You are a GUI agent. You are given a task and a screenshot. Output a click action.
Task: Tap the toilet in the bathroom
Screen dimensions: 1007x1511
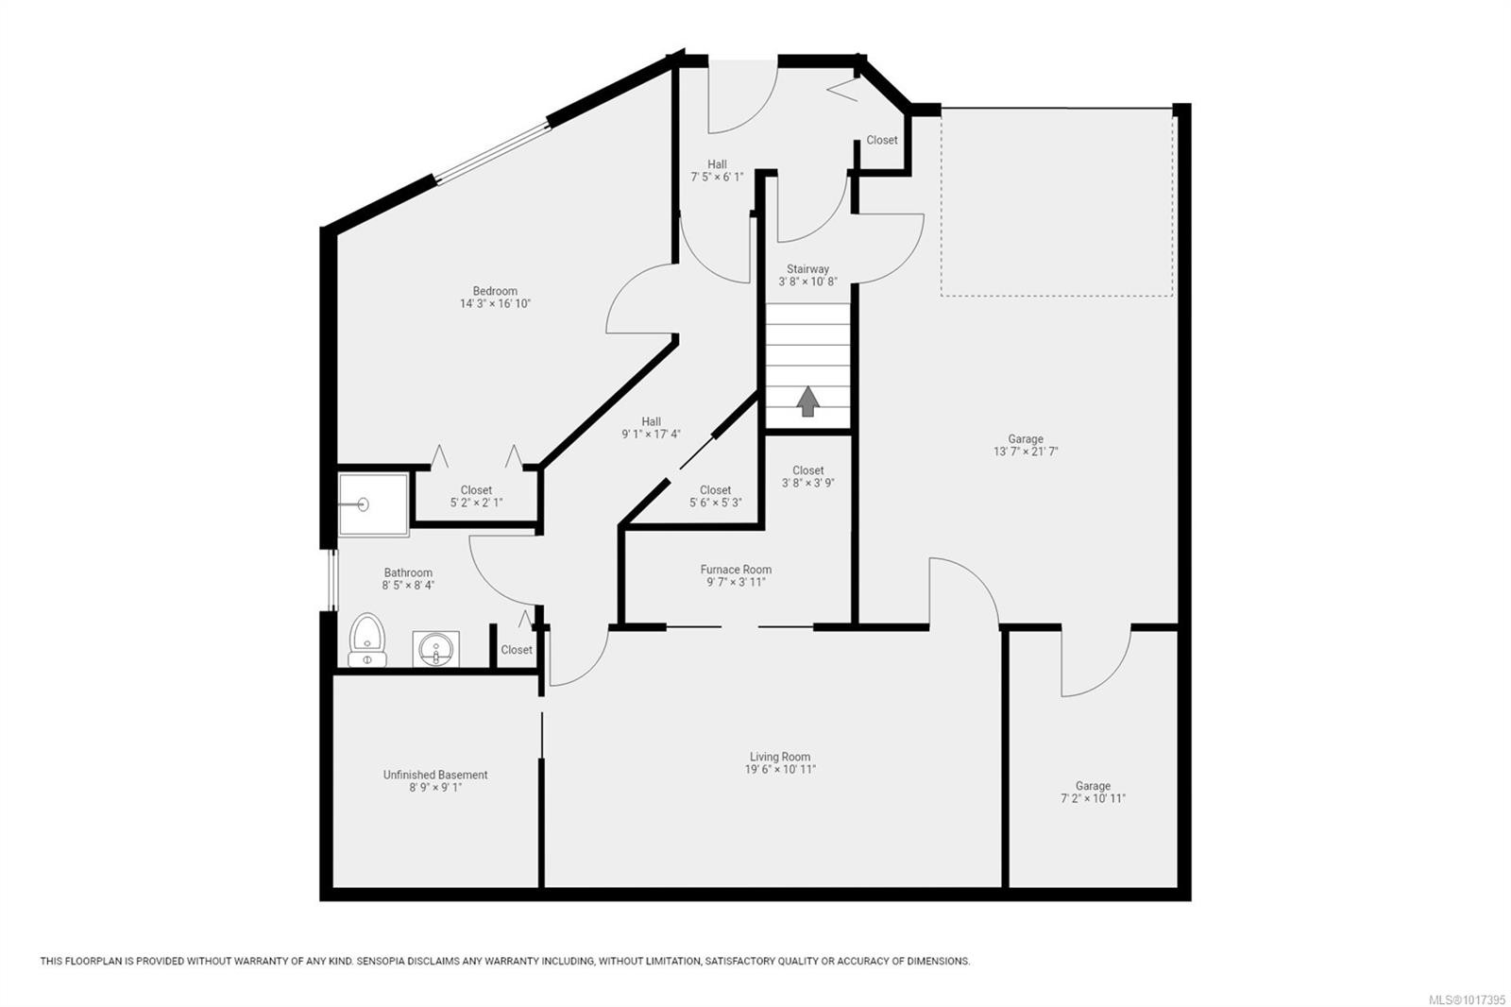[366, 640]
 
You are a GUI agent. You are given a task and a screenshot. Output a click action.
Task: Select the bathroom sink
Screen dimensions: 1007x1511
[435, 649]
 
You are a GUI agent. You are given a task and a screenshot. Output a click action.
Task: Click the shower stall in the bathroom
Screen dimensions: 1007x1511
[373, 504]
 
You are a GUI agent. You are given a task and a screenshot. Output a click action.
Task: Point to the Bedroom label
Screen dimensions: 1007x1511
[495, 291]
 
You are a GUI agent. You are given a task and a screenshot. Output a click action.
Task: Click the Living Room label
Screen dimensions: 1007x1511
[780, 757]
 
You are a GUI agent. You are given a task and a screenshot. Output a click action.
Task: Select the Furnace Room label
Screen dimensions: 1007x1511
[736, 570]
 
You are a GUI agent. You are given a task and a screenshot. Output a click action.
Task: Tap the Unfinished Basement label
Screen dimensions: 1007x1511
[435, 775]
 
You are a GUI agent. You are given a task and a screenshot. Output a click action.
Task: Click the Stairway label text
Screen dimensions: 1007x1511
[807, 269]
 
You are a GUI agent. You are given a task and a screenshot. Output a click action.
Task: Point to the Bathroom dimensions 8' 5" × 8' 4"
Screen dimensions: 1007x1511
[408, 586]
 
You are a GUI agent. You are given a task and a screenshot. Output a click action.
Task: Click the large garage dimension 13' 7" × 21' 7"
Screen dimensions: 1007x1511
[1025, 452]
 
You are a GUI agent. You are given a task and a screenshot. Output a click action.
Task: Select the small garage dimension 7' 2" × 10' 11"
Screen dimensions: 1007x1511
[1093, 798]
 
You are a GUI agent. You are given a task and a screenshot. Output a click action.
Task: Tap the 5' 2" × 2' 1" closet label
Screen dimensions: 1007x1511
[476, 503]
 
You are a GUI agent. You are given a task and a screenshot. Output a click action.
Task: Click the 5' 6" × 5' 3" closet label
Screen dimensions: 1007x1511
[715, 503]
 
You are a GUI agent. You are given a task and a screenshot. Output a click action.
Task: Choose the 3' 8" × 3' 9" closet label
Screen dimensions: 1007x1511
[807, 483]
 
